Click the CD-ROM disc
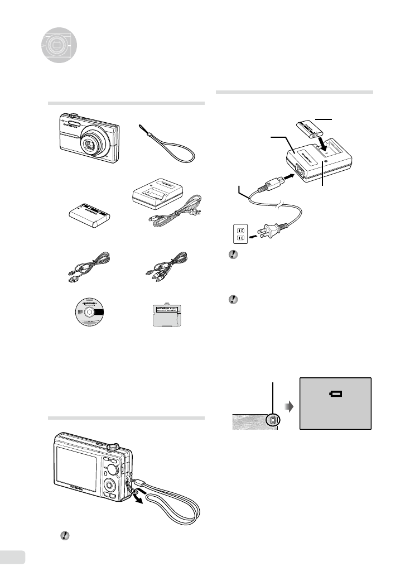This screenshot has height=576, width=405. click(x=89, y=314)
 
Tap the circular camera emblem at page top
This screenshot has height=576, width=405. click(x=57, y=44)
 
